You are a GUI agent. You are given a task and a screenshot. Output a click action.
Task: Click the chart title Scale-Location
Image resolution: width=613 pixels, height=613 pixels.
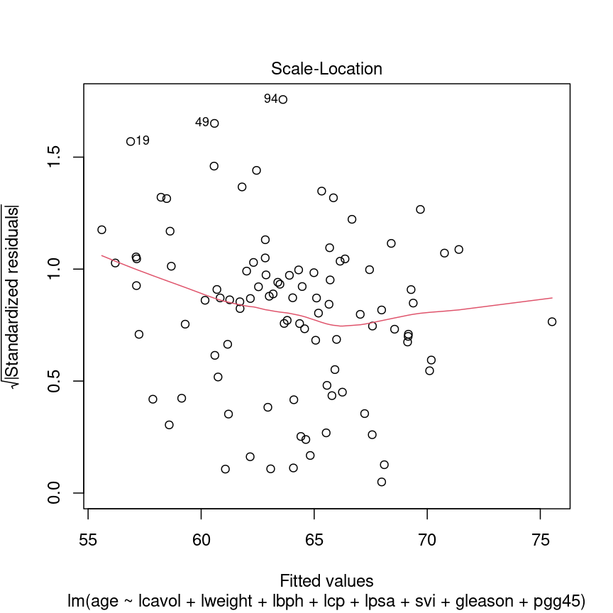coord(326,69)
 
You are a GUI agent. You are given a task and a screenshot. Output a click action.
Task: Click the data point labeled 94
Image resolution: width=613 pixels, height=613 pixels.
coord(283,99)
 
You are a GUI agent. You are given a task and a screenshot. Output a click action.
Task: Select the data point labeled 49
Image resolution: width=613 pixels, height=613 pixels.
coord(214,123)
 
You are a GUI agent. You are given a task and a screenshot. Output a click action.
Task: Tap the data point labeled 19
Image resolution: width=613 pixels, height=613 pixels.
coord(131,141)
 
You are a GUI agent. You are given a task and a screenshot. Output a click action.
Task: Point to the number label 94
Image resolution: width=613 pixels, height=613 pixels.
coord(270,99)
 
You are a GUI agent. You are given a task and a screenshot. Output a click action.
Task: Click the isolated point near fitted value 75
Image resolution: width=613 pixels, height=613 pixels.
coord(552,321)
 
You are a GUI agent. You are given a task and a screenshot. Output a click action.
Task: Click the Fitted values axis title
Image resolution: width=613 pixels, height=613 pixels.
coord(326,580)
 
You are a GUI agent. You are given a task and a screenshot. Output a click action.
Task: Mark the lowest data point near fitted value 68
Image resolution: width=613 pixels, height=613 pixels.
coord(382,482)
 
